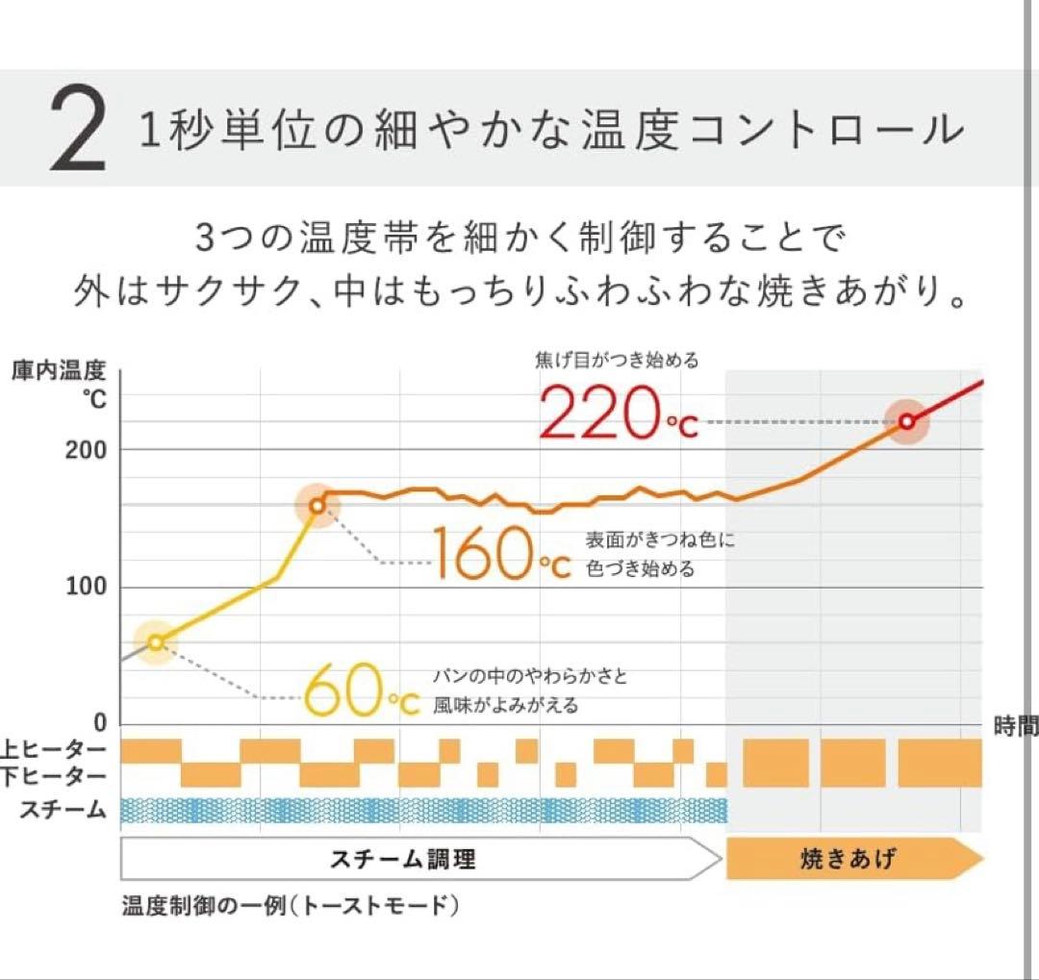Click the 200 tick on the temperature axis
click(86, 450)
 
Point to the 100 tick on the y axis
click(86, 587)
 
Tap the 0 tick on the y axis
click(99, 723)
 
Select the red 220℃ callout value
click(618, 414)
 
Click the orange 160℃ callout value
click(499, 554)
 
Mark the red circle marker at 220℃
click(906, 420)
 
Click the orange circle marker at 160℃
click(317, 506)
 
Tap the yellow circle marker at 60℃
click(157, 642)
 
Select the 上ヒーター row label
click(54, 749)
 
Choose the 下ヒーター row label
click(54, 775)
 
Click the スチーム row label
click(63, 810)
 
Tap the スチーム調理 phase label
click(403, 859)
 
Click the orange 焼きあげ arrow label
click(847, 858)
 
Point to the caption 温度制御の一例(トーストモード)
click(289, 907)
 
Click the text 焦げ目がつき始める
click(617, 363)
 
